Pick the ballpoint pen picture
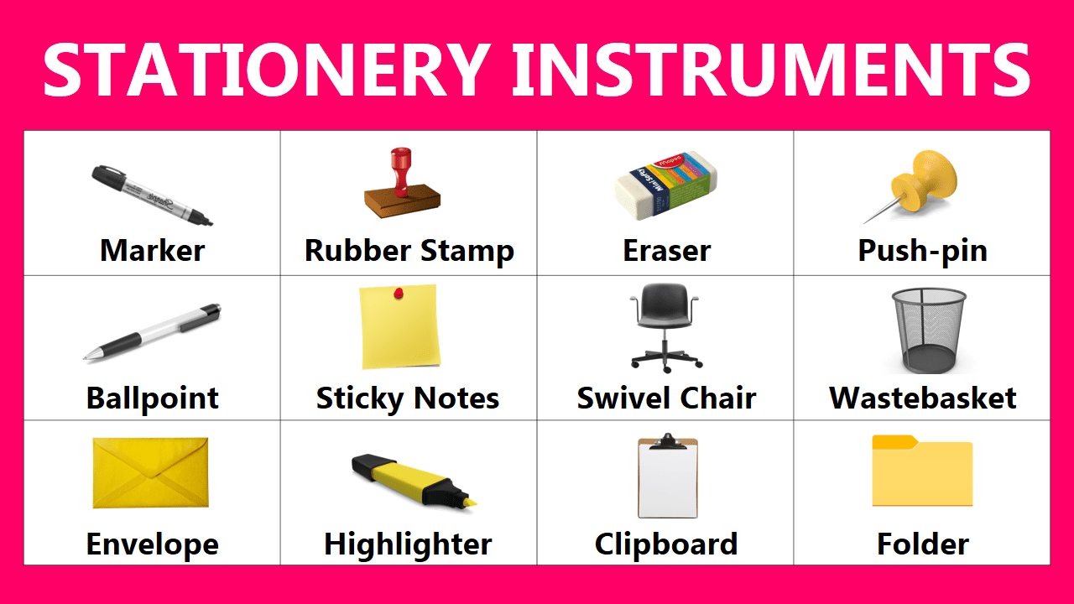[x=152, y=332]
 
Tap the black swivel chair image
[x=666, y=327]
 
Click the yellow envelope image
[x=150, y=472]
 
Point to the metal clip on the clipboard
[x=667, y=440]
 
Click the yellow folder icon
[x=922, y=471]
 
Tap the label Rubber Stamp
[x=409, y=250]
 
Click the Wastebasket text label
[x=922, y=398]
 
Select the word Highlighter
[x=408, y=545]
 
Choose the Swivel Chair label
[x=666, y=398]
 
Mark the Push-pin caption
[x=922, y=250]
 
